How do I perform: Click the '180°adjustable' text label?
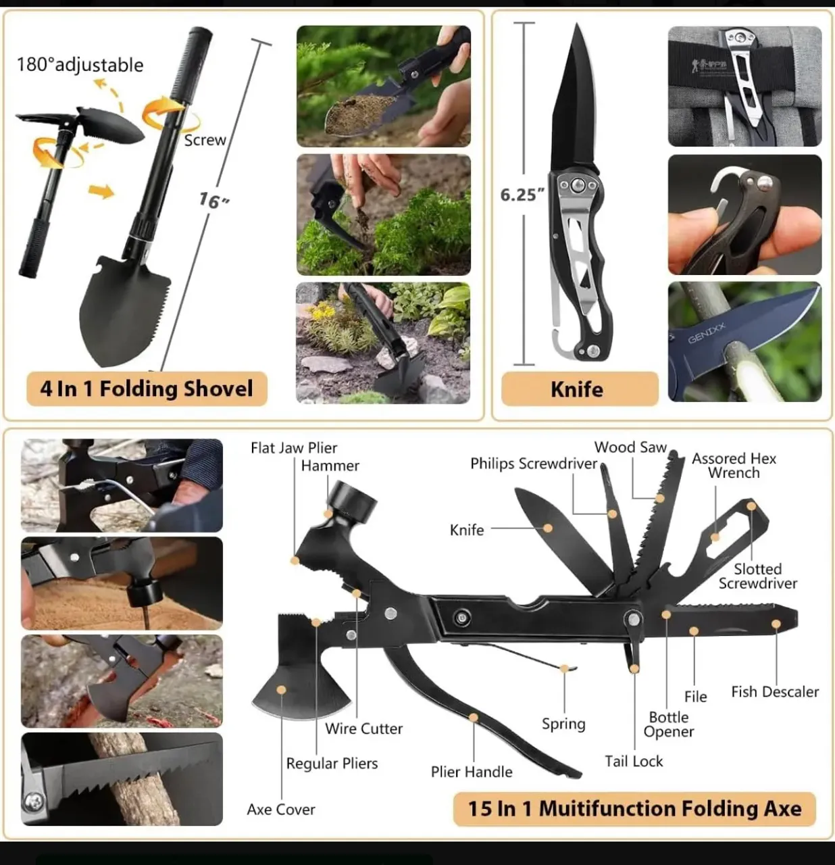(x=80, y=65)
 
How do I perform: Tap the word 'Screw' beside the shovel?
(x=205, y=140)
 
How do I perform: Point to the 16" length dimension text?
(x=213, y=201)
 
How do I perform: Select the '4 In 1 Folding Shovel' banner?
(x=147, y=389)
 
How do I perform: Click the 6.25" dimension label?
(x=522, y=195)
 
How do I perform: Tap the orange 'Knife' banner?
(x=580, y=389)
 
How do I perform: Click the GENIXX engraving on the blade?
(x=707, y=333)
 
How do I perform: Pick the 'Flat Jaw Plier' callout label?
(x=294, y=447)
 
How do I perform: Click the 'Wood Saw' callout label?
(x=630, y=447)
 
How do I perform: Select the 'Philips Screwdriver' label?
(x=534, y=464)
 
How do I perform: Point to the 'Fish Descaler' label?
(x=775, y=691)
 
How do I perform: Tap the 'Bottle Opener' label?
(x=669, y=724)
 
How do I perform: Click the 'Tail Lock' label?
(x=634, y=762)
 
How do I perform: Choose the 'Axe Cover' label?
(x=281, y=810)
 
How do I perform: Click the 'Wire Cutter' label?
(x=363, y=728)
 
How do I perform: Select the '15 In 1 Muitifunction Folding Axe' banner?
(x=634, y=808)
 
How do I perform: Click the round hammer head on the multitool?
(x=353, y=501)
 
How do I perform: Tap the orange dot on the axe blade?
(x=281, y=690)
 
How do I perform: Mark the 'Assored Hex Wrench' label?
(x=734, y=466)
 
